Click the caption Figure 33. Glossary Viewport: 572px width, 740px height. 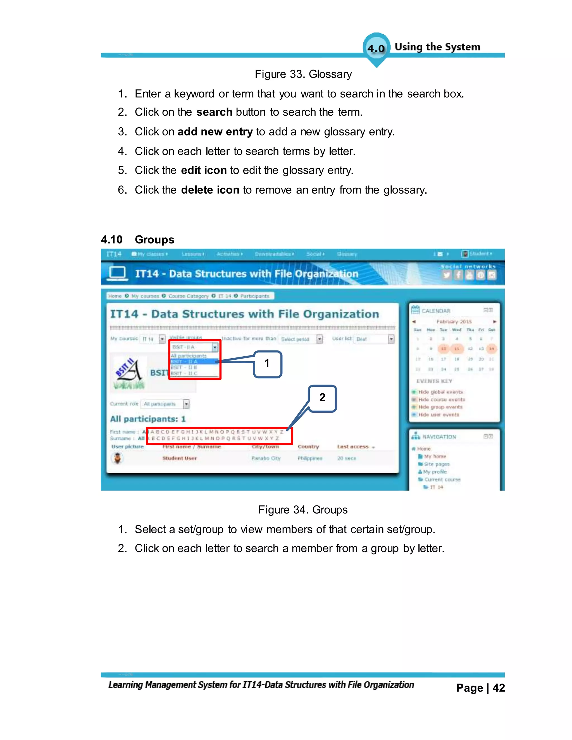(303, 74)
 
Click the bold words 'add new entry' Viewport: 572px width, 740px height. (215, 132)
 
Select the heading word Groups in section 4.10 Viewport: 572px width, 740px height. (154, 240)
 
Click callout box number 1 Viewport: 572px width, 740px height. (267, 364)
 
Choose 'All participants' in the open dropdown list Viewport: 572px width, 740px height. (189, 356)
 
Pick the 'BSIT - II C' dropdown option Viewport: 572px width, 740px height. (184, 373)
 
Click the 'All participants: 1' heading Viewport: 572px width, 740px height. (148, 419)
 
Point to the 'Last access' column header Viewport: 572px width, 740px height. (353, 447)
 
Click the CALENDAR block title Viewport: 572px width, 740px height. (436, 311)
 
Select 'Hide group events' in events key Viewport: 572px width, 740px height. (440, 407)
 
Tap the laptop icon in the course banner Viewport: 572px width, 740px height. (117, 273)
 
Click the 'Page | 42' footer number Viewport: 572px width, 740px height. (480, 688)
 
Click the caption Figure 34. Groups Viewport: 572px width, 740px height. (303, 510)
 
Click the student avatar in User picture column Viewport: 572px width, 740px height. (117, 459)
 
